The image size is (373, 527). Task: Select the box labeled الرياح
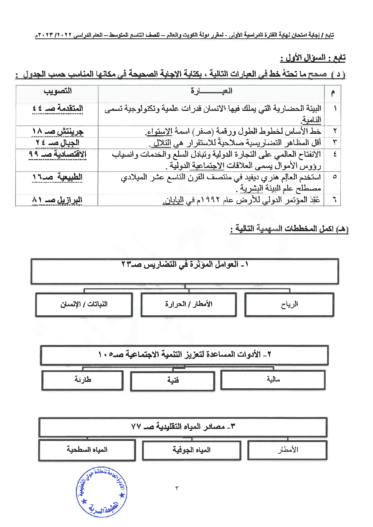tap(289, 304)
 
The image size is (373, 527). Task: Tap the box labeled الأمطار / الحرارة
tap(188, 304)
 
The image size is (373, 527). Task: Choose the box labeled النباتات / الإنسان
tap(84, 304)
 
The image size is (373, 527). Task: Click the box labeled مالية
tap(273, 380)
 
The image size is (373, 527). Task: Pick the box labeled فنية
tap(173, 380)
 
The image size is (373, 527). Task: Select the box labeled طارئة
tap(82, 380)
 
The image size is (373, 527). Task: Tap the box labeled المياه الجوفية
tap(191, 450)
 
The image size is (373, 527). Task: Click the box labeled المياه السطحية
tap(87, 450)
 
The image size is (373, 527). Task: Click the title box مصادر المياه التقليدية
tap(183, 427)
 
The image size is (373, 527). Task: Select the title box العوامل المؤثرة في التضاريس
tap(185, 271)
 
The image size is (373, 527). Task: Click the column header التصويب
tap(58, 91)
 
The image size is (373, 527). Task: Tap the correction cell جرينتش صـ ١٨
tap(58, 132)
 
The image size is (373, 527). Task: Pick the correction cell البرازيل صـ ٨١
tap(57, 200)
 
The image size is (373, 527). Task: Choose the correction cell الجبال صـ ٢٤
tap(58, 143)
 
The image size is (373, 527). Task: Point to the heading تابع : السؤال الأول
tap(312, 58)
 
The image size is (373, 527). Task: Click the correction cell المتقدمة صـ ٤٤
tap(58, 109)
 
